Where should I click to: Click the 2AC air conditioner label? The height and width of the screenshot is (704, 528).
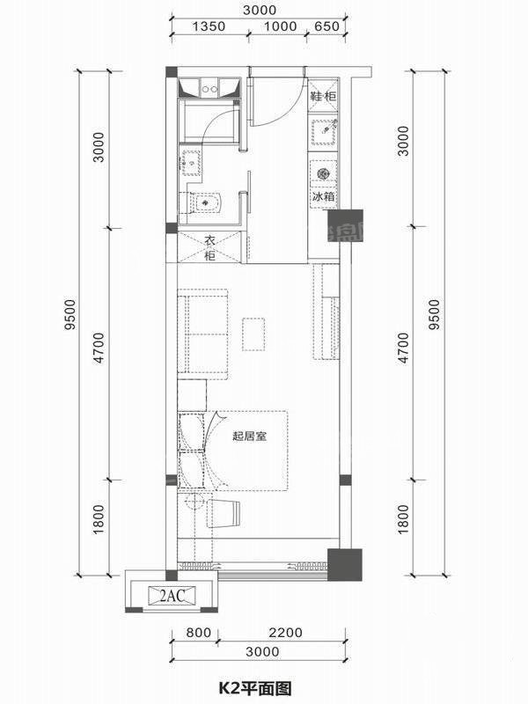point(172,596)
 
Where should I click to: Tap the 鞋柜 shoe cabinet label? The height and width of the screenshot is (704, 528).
point(323,96)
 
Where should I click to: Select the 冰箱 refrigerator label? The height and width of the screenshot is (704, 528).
point(323,196)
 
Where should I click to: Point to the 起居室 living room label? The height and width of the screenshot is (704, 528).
point(250,436)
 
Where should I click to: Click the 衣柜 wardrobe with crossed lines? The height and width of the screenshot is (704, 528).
point(209,247)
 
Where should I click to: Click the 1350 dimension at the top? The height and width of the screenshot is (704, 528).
point(209,26)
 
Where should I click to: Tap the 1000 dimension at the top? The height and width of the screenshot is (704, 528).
point(280,26)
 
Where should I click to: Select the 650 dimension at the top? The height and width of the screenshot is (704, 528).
point(326,26)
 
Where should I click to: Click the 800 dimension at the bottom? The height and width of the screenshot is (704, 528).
point(199,633)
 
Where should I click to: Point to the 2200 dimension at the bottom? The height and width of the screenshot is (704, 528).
point(285,633)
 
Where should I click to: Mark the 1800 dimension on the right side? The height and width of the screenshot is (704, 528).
point(404,519)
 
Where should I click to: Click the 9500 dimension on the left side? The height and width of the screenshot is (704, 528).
point(70,314)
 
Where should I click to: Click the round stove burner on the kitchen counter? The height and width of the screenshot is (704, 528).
point(322,172)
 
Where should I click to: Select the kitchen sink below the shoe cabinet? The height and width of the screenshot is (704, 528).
point(323,130)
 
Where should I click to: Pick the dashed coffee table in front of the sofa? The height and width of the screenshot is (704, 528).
point(253,334)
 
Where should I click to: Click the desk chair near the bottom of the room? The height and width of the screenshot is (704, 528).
point(224,513)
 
